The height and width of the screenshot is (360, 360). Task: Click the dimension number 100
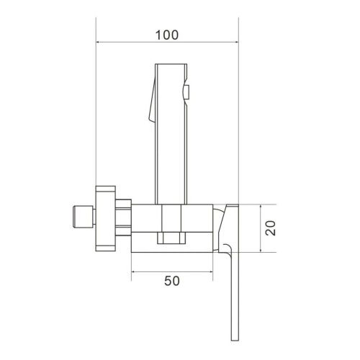(167, 35)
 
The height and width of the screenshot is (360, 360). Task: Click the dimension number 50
(171, 281)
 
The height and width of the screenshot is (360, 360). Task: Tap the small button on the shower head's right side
(186, 91)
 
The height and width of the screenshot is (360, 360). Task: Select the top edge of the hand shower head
(171, 65)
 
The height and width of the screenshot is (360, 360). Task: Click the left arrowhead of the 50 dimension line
(134, 271)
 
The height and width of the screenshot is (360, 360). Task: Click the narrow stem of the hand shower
(171, 173)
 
